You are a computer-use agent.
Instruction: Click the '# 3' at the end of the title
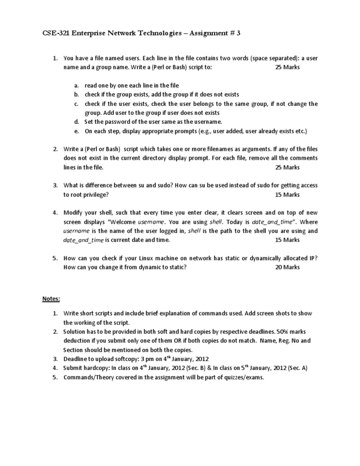[236, 33]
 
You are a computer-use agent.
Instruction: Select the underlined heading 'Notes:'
[51, 299]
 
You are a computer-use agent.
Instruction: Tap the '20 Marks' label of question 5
[287, 267]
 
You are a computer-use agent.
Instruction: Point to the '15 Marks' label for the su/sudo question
[287, 195]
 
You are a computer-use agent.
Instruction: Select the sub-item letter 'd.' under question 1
[76, 122]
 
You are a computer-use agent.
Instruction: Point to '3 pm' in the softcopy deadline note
[133, 359]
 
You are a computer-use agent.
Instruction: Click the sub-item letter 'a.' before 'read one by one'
[76, 86]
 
